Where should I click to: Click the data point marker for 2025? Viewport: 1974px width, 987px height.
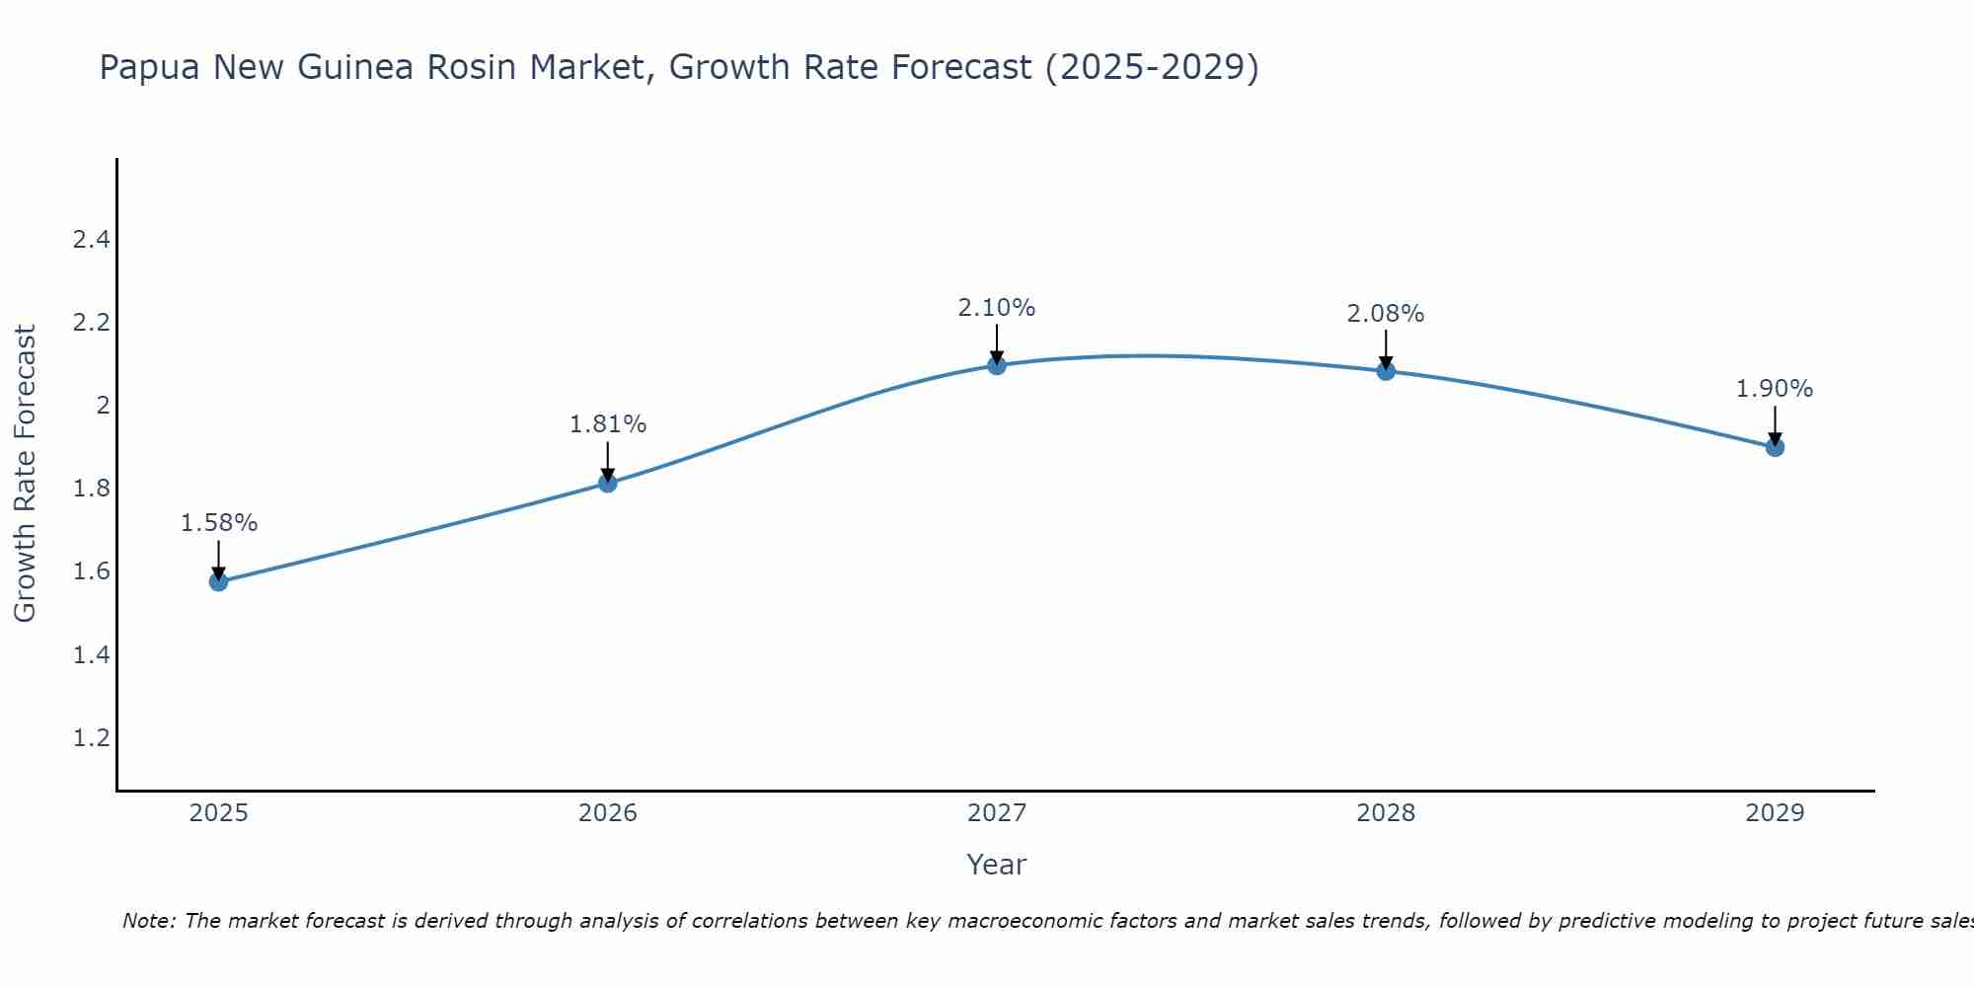[219, 581]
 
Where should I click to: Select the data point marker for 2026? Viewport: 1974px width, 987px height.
[608, 483]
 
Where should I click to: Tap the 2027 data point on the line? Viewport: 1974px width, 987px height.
[997, 365]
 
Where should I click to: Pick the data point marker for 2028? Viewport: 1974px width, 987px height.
[1386, 371]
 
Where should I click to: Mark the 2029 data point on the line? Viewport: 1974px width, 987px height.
[1775, 447]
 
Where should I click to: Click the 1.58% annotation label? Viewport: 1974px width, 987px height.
[219, 523]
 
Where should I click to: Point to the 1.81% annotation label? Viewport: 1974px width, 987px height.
[608, 424]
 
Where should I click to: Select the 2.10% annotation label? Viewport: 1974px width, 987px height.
[997, 308]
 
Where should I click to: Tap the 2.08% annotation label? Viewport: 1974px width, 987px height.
[1386, 314]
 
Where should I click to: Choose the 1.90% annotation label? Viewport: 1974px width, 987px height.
[1775, 389]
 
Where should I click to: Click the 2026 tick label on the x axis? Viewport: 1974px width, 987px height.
[608, 813]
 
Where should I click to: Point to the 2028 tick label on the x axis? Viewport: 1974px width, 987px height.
[1386, 813]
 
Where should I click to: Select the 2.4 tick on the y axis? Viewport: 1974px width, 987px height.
[92, 240]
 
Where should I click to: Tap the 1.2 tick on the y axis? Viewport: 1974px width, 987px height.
[92, 738]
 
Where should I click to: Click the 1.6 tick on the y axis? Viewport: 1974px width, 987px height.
[92, 571]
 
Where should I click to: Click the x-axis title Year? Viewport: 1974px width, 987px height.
[997, 865]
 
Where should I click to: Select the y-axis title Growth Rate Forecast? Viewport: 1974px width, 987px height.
[25, 474]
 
